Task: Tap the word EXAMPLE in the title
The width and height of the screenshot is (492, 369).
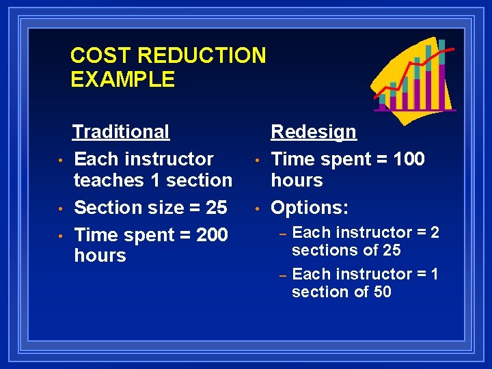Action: (x=122, y=79)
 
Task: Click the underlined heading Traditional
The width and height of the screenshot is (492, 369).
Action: (x=121, y=131)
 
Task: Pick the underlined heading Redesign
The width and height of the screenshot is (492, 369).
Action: (x=314, y=131)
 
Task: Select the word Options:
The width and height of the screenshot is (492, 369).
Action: (x=311, y=206)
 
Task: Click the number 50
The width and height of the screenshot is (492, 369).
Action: (x=382, y=292)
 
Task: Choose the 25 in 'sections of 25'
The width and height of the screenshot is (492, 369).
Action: (x=392, y=250)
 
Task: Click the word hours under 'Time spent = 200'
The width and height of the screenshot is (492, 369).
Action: (x=100, y=256)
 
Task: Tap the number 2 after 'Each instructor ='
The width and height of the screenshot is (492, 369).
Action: (x=434, y=232)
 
